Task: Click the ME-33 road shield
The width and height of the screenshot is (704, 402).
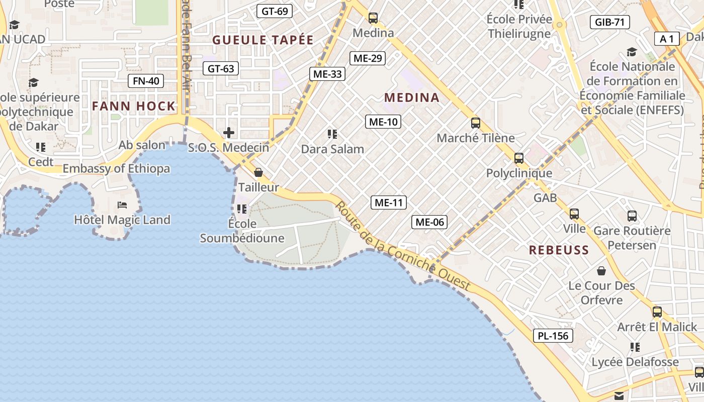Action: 327,74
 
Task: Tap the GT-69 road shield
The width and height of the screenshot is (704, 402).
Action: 275,11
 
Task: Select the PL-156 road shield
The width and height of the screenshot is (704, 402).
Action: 553,336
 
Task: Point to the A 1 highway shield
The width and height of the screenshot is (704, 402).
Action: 667,39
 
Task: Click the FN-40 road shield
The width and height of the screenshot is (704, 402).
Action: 146,81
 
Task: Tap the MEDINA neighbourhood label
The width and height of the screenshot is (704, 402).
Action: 412,98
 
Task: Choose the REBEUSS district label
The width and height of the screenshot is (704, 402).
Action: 559,250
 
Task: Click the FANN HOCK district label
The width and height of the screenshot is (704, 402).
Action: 134,106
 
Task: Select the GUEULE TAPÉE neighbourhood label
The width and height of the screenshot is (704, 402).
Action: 263,40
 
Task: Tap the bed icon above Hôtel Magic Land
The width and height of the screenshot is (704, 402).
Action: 122,205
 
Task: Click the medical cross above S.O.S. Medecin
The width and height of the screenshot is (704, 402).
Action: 229,133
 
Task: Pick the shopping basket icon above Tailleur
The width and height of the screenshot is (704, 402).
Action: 258,172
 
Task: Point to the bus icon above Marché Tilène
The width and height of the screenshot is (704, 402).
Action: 475,123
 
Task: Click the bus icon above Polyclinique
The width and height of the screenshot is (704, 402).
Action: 518,158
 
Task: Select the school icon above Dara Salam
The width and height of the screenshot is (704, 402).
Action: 332,134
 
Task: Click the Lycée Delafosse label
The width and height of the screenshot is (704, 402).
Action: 635,362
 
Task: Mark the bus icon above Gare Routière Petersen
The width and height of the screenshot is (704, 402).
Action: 632,216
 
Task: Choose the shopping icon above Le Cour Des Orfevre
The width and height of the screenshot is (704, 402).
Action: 601,271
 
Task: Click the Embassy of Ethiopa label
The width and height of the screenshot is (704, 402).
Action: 116,169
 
